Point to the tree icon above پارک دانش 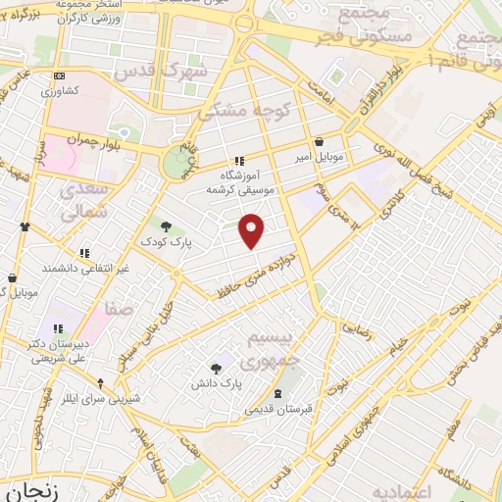(x=216, y=368)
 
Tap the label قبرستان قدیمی (x=279, y=406)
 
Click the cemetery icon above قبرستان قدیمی (x=279, y=392)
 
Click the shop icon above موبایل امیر (x=320, y=141)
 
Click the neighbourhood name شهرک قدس (x=160, y=72)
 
